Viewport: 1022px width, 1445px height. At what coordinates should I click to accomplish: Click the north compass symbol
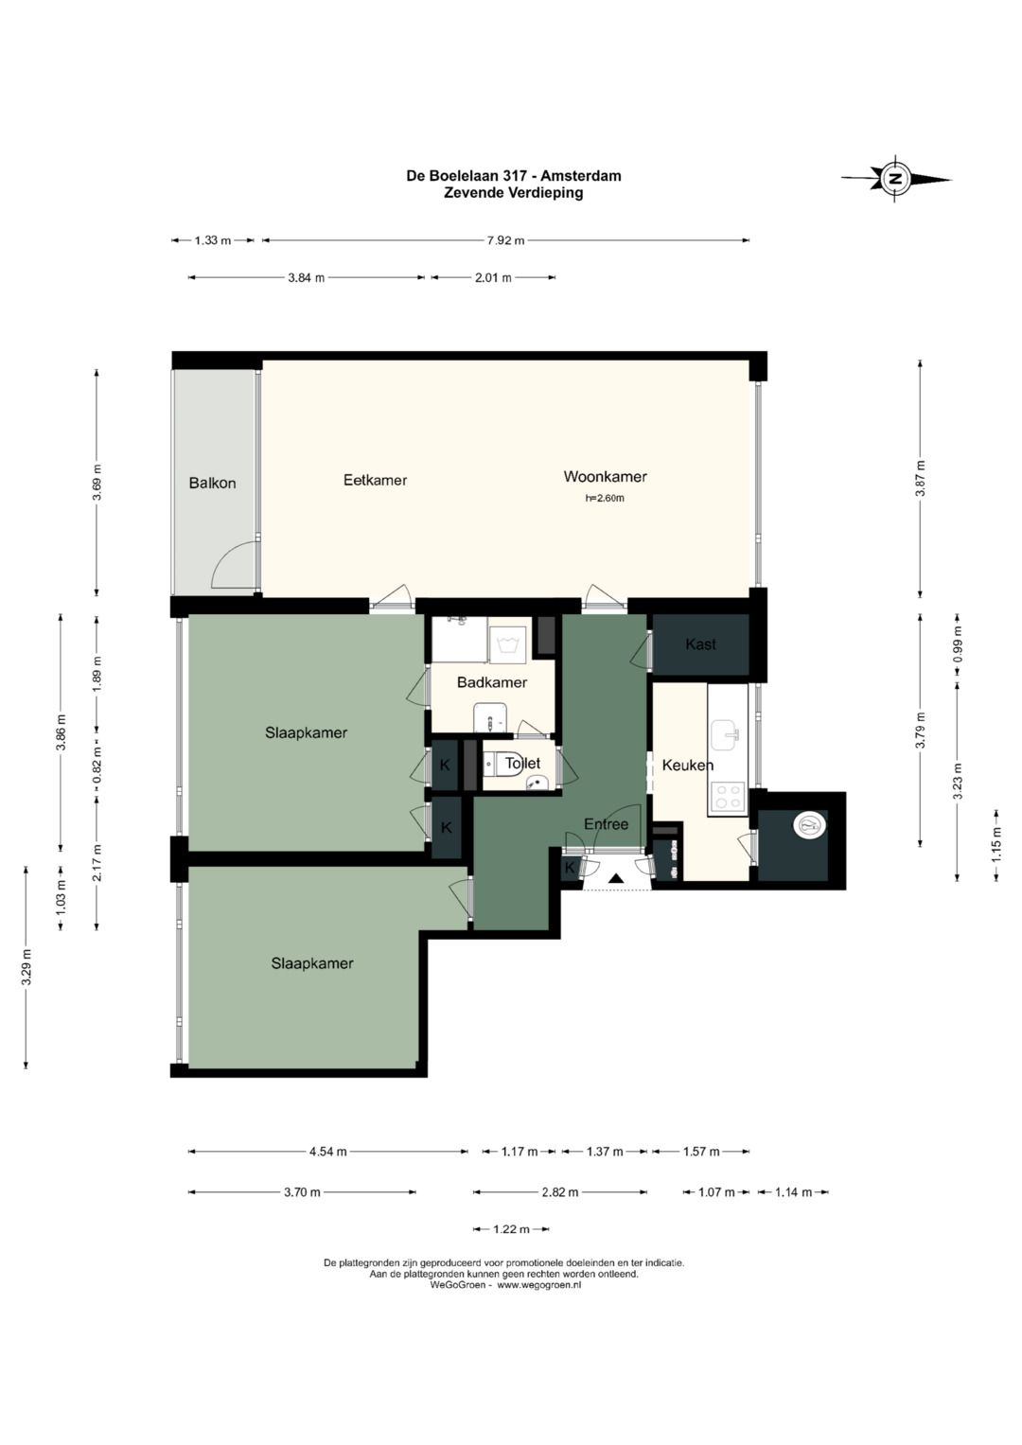[895, 179]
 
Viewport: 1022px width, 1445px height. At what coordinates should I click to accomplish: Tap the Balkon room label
[212, 484]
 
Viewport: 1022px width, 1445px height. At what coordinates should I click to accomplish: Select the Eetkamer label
[375, 480]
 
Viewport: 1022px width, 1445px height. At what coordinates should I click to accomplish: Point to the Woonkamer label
[606, 477]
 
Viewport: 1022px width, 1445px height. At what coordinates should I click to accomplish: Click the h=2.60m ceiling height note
[605, 498]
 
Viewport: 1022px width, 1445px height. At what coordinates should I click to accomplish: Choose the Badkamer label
[492, 682]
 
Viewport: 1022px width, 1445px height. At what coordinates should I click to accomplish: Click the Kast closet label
[700, 643]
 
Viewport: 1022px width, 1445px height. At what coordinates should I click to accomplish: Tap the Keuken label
[688, 765]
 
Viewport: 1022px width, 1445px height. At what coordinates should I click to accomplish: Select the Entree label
[606, 824]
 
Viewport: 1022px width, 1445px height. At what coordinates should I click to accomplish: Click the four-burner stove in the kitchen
[728, 796]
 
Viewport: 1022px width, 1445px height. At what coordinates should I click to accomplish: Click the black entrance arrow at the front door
[616, 878]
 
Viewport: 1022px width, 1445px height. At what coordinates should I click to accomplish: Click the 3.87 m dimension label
[921, 477]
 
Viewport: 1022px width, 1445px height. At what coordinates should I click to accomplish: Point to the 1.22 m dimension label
[511, 1229]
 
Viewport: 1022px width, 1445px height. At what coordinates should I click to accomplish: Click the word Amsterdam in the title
[581, 175]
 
